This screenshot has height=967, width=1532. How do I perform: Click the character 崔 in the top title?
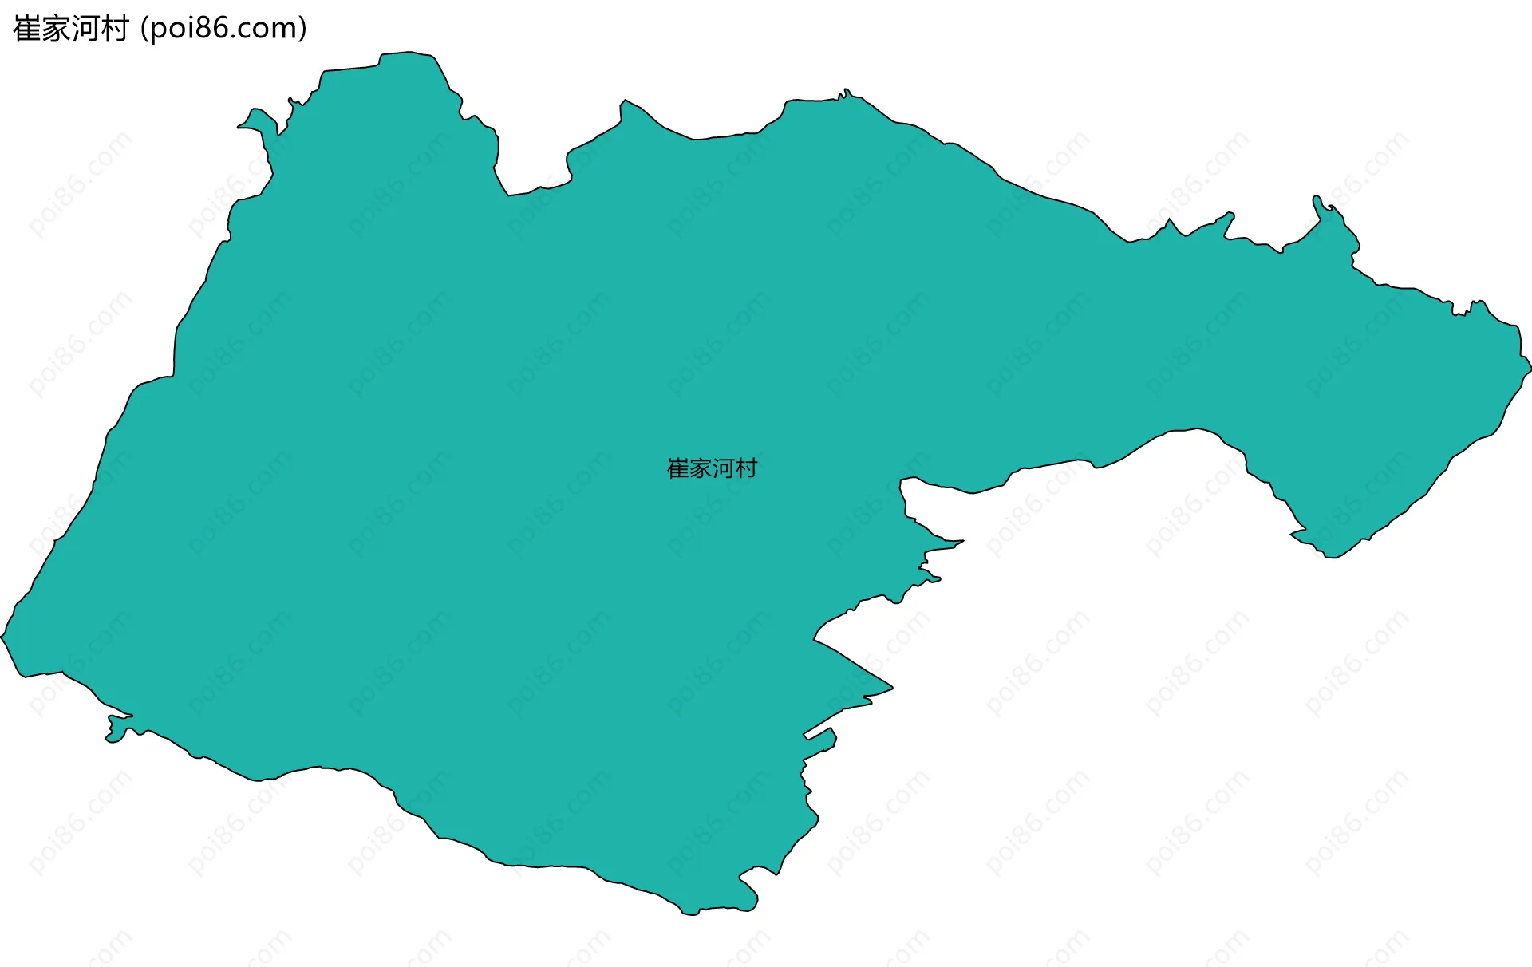[x=27, y=29]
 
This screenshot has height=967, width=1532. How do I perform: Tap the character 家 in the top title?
[x=56, y=29]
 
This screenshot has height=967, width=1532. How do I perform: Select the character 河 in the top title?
[x=85, y=29]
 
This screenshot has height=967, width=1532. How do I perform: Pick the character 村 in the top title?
[x=114, y=29]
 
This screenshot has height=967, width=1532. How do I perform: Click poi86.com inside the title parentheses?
[x=223, y=29]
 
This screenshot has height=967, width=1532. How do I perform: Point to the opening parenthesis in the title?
[x=144, y=30]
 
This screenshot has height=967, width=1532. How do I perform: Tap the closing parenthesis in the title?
[x=302, y=30]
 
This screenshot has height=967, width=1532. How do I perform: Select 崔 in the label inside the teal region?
[x=678, y=468]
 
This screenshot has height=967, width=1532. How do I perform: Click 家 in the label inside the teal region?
[x=701, y=468]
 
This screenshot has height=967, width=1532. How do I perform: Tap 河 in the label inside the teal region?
[x=723, y=468]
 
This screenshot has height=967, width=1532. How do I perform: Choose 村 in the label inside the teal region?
[x=746, y=468]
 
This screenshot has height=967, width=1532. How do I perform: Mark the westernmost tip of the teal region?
[x=2, y=637]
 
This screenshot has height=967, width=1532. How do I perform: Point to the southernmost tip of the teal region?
[x=690, y=914]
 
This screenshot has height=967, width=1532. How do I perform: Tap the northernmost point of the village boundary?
[x=408, y=53]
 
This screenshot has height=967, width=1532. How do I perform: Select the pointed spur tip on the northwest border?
[x=239, y=126]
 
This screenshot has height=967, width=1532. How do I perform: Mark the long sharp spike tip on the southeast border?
[x=891, y=687]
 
